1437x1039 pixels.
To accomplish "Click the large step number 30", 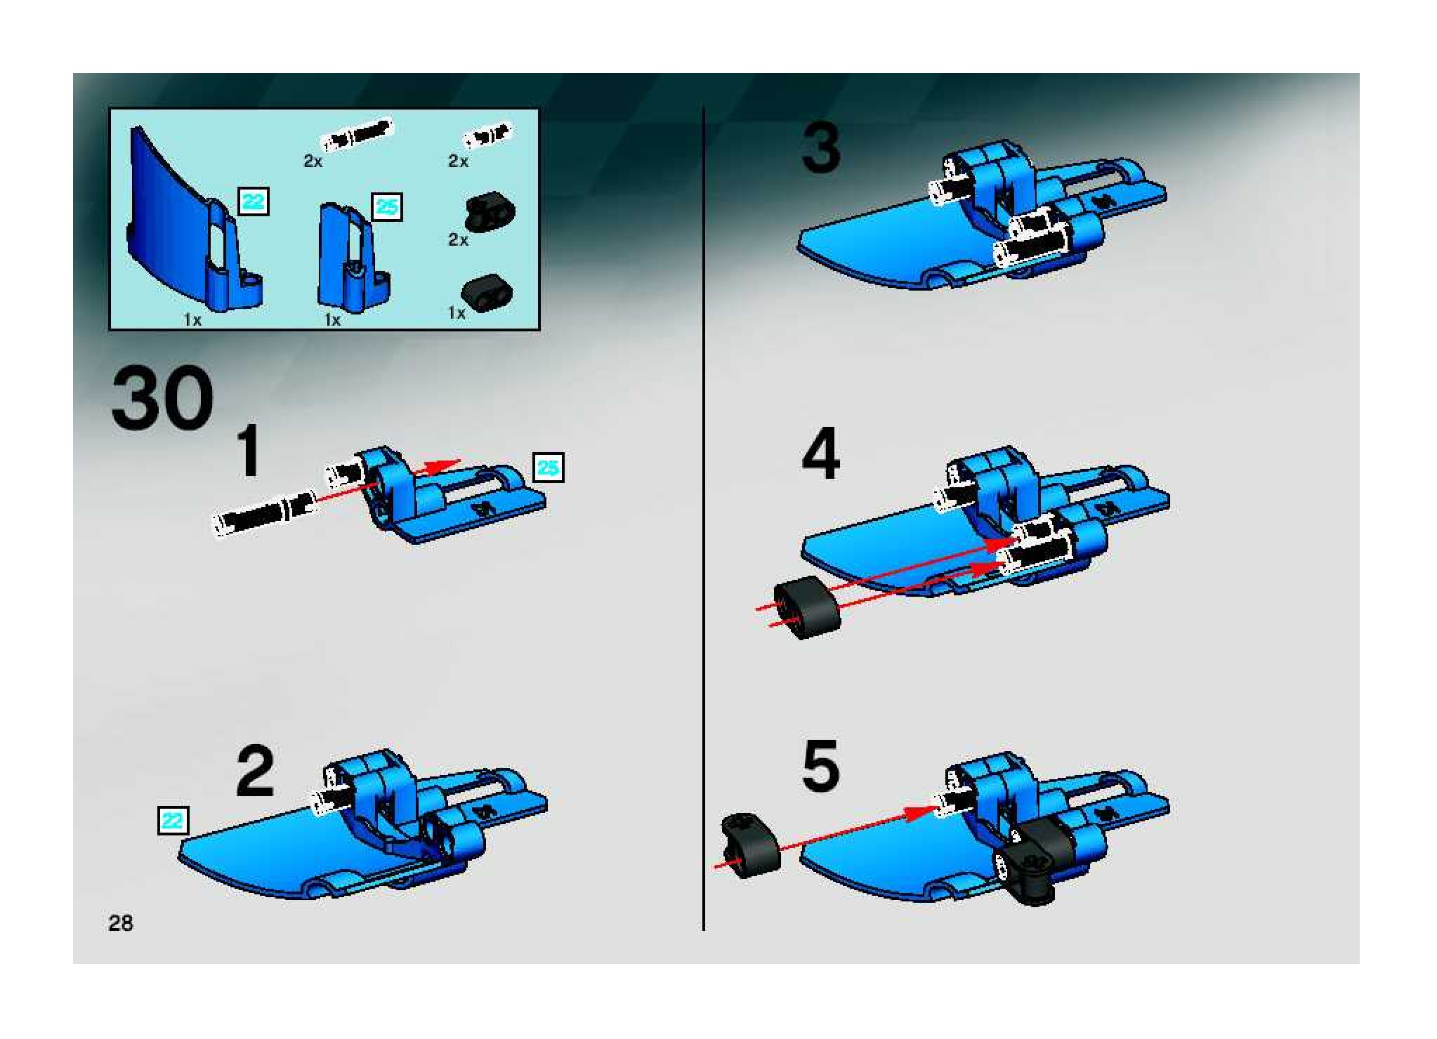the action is (162, 399).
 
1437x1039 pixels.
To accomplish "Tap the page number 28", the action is (121, 922).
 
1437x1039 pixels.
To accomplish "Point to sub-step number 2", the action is (254, 772).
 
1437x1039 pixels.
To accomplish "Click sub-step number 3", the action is (821, 147).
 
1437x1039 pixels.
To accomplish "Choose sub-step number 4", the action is (821, 454).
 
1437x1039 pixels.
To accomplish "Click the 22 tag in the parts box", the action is (254, 201).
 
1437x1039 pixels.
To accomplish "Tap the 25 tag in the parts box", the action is (387, 206).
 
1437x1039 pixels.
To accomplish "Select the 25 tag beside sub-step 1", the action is (549, 468).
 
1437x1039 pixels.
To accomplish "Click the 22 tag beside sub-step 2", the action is (173, 820).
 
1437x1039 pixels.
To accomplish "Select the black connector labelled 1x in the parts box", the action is (487, 293).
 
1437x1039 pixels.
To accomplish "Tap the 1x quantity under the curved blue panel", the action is (192, 320).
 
